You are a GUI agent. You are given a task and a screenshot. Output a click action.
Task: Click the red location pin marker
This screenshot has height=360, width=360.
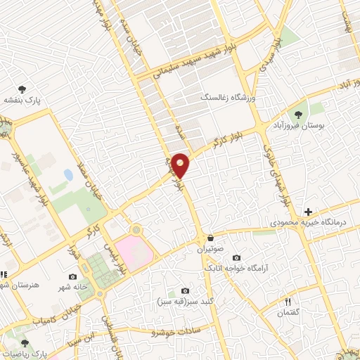coord(181,165)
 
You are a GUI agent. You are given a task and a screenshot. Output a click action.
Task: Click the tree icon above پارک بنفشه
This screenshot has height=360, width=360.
coord(22,89)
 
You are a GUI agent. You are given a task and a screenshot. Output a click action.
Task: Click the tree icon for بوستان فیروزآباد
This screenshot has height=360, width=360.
coord(298,113)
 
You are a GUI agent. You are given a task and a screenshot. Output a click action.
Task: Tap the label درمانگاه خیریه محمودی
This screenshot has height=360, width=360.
coord(310,222)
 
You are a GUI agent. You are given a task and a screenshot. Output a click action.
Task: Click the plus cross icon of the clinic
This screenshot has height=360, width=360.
coord(308,211)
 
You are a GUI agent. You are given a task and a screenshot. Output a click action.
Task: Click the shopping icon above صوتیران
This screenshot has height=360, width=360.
coord(210,238)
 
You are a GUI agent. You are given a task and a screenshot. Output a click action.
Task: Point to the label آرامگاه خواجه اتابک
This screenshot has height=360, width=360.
coord(236,269)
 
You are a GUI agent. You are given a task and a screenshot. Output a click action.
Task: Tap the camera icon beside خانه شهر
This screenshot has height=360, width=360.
coord(72,277)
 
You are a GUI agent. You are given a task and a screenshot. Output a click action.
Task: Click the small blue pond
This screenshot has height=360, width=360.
coord(68,174)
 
